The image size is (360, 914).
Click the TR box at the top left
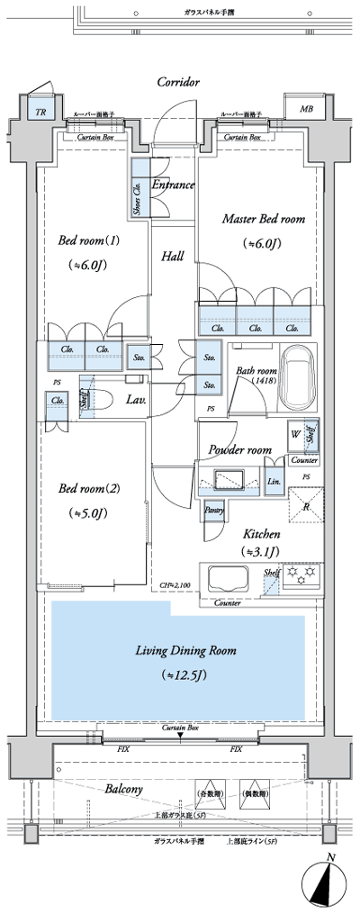[40, 112]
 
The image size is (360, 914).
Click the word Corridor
[177, 82]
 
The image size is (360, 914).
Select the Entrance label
[173, 186]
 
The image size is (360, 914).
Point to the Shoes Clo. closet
[140, 188]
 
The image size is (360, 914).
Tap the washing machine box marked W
[296, 433]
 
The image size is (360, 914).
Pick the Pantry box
[214, 511]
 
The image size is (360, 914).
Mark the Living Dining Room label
[186, 650]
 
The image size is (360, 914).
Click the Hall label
[172, 257]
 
